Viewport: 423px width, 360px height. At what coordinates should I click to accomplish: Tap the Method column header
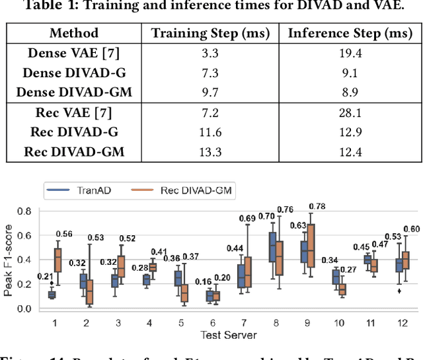(74, 33)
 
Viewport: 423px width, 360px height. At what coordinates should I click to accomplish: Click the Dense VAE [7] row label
(74, 53)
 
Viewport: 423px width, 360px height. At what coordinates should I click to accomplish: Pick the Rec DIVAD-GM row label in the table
(74, 153)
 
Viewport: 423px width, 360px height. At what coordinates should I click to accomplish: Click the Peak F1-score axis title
(8, 259)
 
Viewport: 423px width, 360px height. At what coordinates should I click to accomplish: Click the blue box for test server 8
(272, 248)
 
